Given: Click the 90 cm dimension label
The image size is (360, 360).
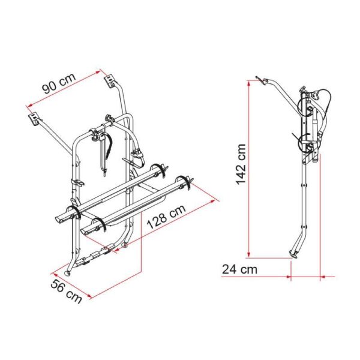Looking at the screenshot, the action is point(59,83).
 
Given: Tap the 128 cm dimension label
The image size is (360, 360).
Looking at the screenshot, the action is point(166,217).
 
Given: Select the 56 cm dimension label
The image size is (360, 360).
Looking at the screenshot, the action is point(66,292).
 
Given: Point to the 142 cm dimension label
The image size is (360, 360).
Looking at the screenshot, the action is point(241,164).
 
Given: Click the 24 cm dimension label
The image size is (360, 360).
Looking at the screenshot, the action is point(239,269).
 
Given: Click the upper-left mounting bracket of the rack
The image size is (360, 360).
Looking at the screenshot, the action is point(35,118).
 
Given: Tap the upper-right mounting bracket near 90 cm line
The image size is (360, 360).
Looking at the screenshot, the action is point(110,80).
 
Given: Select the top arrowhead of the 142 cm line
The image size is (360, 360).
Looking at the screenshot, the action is point(248,83).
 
